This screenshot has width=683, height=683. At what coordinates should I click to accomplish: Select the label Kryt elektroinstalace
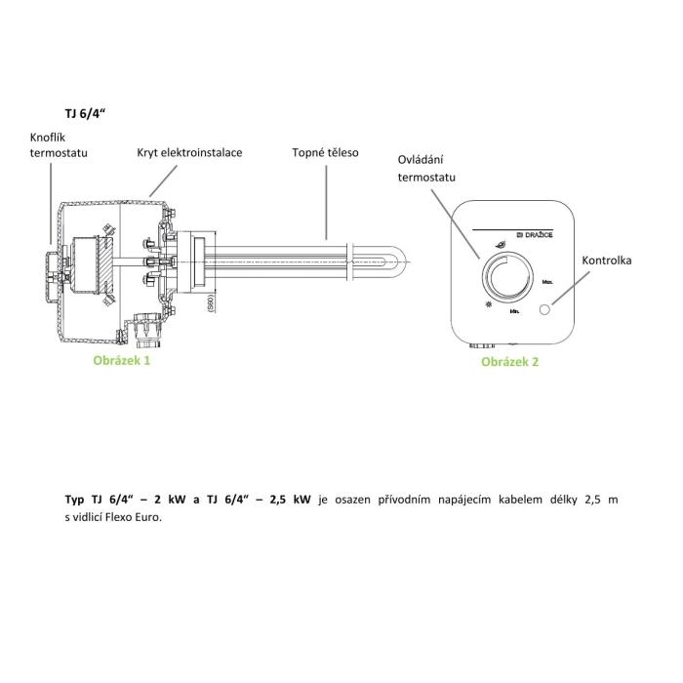pyautogui.click(x=189, y=153)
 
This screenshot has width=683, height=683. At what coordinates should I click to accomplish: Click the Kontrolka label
pyautogui.click(x=606, y=261)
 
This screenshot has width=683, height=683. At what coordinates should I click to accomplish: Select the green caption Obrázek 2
pyautogui.click(x=509, y=361)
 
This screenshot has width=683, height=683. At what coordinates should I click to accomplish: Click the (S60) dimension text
pyautogui.click(x=210, y=300)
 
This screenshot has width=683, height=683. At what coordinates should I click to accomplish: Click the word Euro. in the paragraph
pyautogui.click(x=143, y=517)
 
